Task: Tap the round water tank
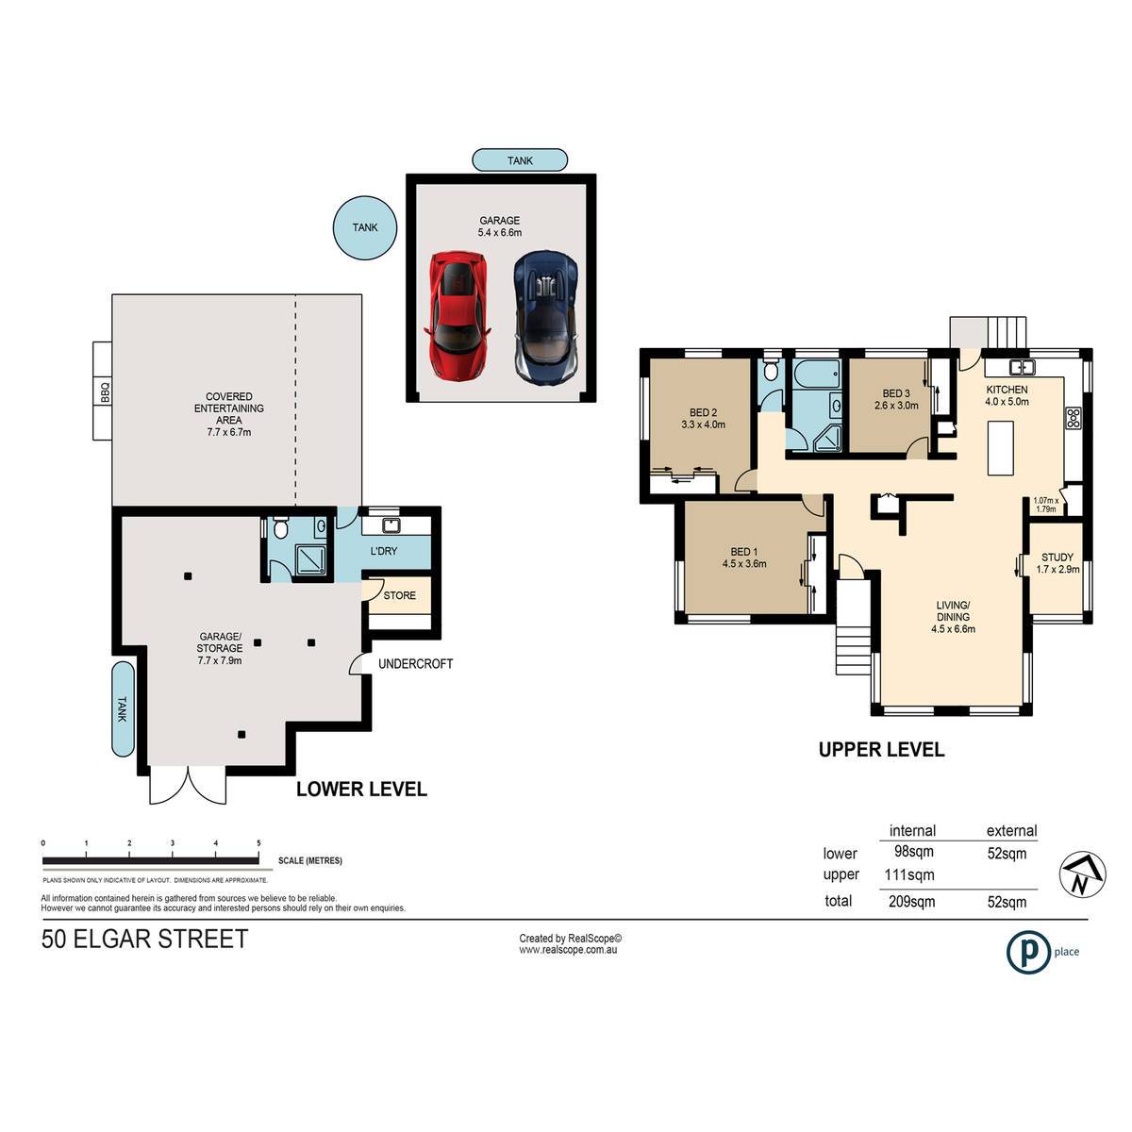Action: (x=365, y=227)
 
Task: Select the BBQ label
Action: (x=105, y=391)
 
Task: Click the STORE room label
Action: (x=399, y=595)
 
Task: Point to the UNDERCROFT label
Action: (x=415, y=664)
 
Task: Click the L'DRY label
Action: (x=384, y=551)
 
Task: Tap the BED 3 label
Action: (x=896, y=393)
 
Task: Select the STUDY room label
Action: (x=1057, y=557)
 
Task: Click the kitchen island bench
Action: (x=1001, y=448)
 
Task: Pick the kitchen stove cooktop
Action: (x=1074, y=418)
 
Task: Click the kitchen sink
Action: (x=1023, y=368)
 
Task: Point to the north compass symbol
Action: (x=1083, y=874)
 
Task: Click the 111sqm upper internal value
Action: (x=908, y=874)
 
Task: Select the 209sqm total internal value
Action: (x=911, y=901)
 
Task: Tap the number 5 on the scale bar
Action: (x=258, y=842)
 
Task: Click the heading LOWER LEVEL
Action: (x=361, y=789)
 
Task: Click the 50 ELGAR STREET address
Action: (x=144, y=939)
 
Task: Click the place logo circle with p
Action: (x=1028, y=952)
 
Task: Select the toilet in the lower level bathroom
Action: (x=281, y=527)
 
